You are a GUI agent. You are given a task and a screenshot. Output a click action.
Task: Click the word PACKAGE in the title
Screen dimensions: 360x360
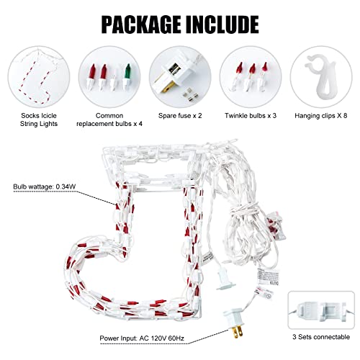[x=142, y=24]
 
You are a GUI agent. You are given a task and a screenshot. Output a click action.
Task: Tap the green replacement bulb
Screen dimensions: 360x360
[x=127, y=76]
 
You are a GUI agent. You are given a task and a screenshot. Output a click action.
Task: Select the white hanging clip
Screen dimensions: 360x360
[x=321, y=76]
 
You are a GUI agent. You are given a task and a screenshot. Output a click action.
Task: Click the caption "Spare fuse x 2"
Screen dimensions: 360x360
[x=180, y=116]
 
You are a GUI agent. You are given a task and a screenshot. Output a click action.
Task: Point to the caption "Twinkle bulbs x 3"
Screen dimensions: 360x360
[x=251, y=116]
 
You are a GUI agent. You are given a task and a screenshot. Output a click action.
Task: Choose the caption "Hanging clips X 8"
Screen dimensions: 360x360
[x=321, y=116]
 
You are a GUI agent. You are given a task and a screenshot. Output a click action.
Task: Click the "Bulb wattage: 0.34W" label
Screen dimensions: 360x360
[x=45, y=186]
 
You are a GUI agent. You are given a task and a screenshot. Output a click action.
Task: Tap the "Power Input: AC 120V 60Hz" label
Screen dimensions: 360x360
[x=142, y=338]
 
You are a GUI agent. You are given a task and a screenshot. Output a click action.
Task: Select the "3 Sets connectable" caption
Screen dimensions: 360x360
[x=321, y=337]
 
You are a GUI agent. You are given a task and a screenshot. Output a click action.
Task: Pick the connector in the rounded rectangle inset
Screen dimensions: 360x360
[x=321, y=311]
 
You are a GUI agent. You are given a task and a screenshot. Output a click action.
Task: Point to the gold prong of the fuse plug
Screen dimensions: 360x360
[x=168, y=87]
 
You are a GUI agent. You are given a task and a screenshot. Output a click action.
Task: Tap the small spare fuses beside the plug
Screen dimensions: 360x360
[x=191, y=95]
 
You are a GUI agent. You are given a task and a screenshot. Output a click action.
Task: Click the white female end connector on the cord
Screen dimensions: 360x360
[x=225, y=280]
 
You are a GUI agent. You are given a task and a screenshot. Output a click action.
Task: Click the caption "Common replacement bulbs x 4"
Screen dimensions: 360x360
[x=109, y=120]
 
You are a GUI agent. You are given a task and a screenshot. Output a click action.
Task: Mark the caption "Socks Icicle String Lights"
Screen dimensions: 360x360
[x=39, y=120]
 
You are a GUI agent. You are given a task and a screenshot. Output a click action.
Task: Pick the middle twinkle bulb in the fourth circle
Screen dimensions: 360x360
[x=251, y=76]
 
